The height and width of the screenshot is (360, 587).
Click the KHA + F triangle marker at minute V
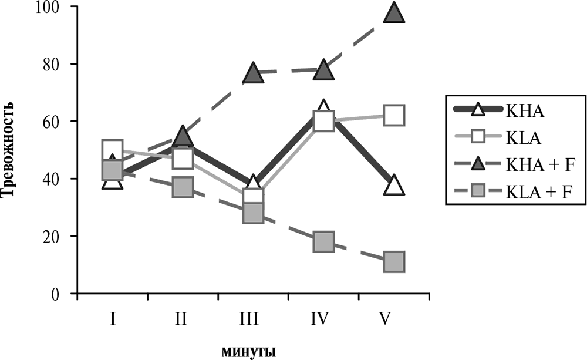394,13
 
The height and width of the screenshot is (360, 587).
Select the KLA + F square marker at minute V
394,262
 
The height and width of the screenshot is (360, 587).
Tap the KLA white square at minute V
394,115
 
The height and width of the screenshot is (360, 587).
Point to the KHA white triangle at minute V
394,186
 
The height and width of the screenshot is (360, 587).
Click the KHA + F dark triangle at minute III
252,73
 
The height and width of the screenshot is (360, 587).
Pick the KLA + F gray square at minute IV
323,241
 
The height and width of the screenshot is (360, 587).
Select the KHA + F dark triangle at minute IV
323,71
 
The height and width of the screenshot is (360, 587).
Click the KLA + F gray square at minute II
183,187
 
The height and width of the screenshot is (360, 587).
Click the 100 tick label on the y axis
51,7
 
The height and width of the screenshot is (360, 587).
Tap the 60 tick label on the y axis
55,122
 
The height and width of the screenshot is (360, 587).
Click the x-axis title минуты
249,351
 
